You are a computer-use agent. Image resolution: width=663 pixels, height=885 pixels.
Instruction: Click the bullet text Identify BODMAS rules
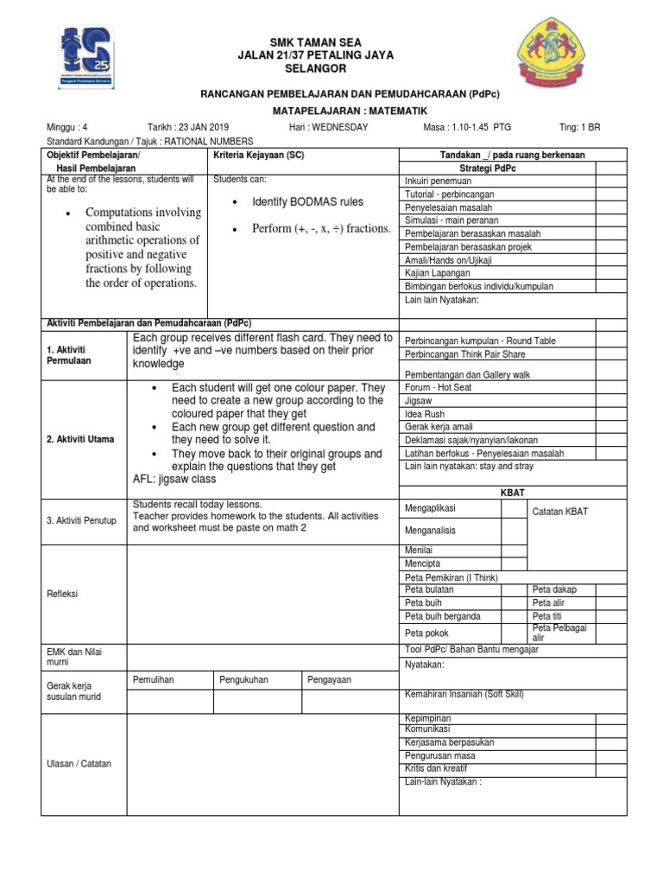[x=307, y=202]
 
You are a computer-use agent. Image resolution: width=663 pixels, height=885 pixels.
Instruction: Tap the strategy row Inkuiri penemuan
[x=439, y=181]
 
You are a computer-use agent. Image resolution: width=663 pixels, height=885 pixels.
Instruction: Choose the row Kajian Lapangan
[x=437, y=273]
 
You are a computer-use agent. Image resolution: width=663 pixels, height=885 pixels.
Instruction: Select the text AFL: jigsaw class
[x=174, y=480]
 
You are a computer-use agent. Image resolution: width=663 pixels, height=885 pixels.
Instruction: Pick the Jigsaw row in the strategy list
[x=418, y=401]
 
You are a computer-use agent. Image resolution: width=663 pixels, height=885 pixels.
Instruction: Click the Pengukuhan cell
[x=243, y=680]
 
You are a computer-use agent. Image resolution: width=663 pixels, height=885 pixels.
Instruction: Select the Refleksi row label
[x=62, y=595]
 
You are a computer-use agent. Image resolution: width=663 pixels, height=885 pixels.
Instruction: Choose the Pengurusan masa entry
[x=439, y=755]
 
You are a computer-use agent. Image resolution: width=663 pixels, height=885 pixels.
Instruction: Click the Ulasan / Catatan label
[x=78, y=764]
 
